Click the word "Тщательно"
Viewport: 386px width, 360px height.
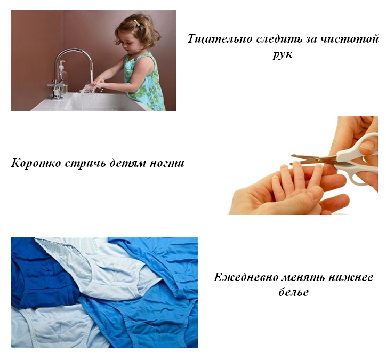coord(220,39)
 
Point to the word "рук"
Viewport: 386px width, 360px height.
coord(283,54)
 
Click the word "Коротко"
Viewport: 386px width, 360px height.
coord(36,163)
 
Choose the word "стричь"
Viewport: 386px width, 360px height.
coord(85,164)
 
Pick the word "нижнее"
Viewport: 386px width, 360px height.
coord(351,277)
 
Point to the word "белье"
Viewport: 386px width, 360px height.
coord(293,292)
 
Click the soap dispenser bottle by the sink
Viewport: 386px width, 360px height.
coord(62,77)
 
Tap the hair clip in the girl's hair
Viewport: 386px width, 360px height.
coord(136,23)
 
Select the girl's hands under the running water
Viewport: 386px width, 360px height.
coord(95,83)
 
